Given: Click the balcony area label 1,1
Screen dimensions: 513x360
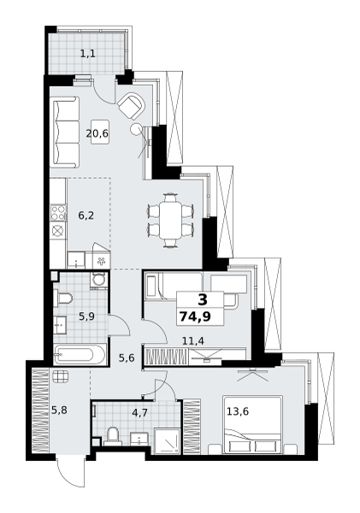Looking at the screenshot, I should pos(87,54).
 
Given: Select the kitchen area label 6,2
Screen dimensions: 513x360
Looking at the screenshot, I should pos(86,216).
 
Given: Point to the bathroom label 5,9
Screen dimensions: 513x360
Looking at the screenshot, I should pos(86,316).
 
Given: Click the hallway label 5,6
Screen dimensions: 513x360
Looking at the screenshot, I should pos(127,358).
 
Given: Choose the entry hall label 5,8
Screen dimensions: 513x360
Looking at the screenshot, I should pos(59,410).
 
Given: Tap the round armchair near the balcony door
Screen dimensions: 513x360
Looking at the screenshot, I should pos(132,106).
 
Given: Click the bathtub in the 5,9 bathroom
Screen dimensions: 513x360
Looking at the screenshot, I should pos(79,355).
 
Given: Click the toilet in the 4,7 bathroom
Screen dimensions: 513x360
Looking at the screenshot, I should pos(110,438).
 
